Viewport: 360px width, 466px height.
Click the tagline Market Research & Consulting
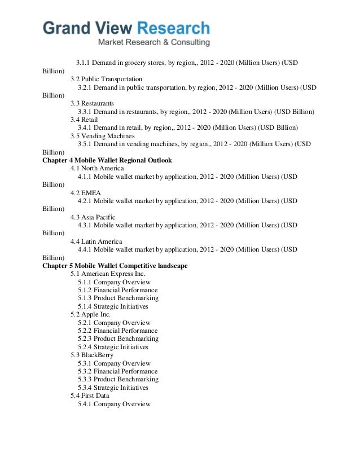(153, 43)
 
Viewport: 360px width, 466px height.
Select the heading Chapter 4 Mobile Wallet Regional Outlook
(107, 160)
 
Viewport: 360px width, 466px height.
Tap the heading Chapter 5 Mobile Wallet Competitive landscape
(115, 266)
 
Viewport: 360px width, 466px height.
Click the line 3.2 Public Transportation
(106, 79)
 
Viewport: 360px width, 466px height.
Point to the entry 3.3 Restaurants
(92, 104)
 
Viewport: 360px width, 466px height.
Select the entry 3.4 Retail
(85, 120)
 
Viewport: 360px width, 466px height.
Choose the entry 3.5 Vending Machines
(103, 136)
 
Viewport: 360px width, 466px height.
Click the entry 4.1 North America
(96, 168)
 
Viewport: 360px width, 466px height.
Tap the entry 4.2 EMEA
(86, 192)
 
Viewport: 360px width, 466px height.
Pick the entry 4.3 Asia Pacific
(93, 217)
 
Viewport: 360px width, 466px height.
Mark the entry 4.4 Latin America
(96, 241)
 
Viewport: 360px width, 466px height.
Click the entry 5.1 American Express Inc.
(108, 274)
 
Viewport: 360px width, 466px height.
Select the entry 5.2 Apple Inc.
(90, 314)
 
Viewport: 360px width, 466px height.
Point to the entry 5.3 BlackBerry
(92, 355)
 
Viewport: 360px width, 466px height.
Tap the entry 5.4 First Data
(90, 396)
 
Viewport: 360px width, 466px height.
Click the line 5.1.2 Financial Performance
(118, 290)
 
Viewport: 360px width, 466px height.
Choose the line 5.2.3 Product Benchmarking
(118, 338)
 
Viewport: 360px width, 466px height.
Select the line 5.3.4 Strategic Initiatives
(113, 388)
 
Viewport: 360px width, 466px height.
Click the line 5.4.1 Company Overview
(115, 404)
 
